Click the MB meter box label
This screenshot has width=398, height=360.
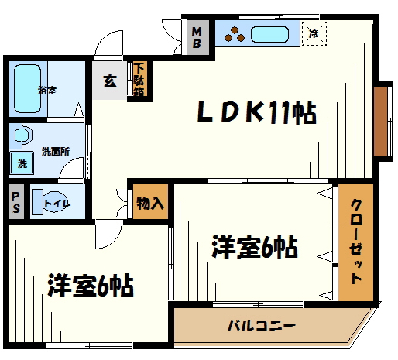(197, 37)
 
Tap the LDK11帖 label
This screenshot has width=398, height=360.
(256, 114)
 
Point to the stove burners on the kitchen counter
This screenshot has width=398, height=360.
(235, 35)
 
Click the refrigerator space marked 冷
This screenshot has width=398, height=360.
(314, 34)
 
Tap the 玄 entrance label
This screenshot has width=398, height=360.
(111, 81)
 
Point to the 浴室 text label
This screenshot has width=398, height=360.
(47, 90)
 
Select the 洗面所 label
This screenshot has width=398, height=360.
(57, 151)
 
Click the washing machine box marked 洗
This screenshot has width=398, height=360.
(22, 163)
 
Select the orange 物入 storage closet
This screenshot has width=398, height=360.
(150, 204)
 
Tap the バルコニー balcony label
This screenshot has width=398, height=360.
(260, 326)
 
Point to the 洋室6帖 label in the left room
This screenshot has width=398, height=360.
(90, 286)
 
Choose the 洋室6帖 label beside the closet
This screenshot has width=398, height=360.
(255, 248)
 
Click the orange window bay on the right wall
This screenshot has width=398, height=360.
(382, 120)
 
